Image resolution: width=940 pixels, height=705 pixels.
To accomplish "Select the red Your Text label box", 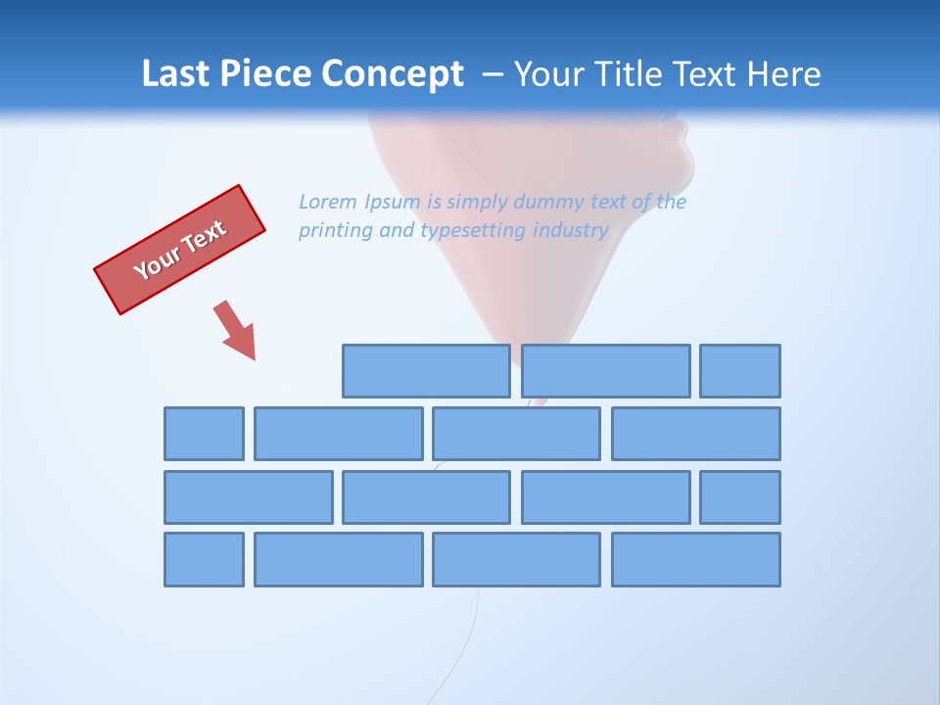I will click(180, 250).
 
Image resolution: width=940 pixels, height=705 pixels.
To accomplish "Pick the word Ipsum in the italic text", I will click(394, 203).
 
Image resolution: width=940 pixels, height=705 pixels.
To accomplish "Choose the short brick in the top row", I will click(740, 371).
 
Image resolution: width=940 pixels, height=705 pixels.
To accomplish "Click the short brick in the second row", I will click(204, 434).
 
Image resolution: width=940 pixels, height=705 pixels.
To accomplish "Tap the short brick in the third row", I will click(740, 497).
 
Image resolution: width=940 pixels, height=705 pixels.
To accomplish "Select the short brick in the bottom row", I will click(204, 560).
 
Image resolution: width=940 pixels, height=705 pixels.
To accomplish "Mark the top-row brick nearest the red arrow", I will click(426, 371).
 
